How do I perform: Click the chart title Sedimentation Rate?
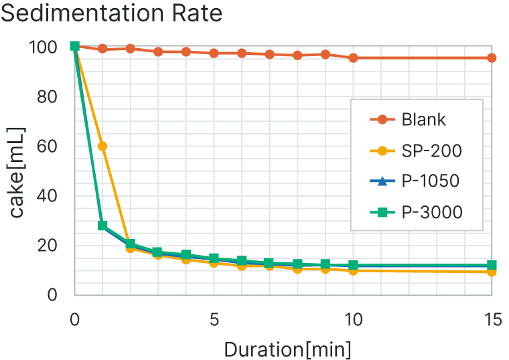(x=111, y=13)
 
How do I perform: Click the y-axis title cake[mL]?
(x=17, y=171)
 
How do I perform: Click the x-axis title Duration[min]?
(x=287, y=349)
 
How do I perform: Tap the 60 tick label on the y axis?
(x=49, y=146)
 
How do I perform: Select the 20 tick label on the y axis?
(x=49, y=245)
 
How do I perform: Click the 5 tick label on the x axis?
(x=214, y=320)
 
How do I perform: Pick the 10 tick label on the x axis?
(x=353, y=320)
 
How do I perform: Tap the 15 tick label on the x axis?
(x=492, y=320)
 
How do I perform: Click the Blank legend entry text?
(x=424, y=120)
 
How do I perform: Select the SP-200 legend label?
(x=432, y=151)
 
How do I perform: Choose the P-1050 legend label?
(x=431, y=181)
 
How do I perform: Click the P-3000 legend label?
(x=433, y=212)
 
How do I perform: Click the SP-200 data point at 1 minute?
(x=102, y=146)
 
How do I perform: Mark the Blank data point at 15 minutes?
(x=492, y=58)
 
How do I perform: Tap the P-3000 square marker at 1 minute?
(x=102, y=226)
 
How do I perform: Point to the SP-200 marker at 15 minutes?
(x=492, y=272)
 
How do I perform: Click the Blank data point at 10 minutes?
(x=353, y=58)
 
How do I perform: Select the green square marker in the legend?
(x=382, y=212)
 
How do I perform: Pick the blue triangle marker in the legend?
(x=382, y=181)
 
